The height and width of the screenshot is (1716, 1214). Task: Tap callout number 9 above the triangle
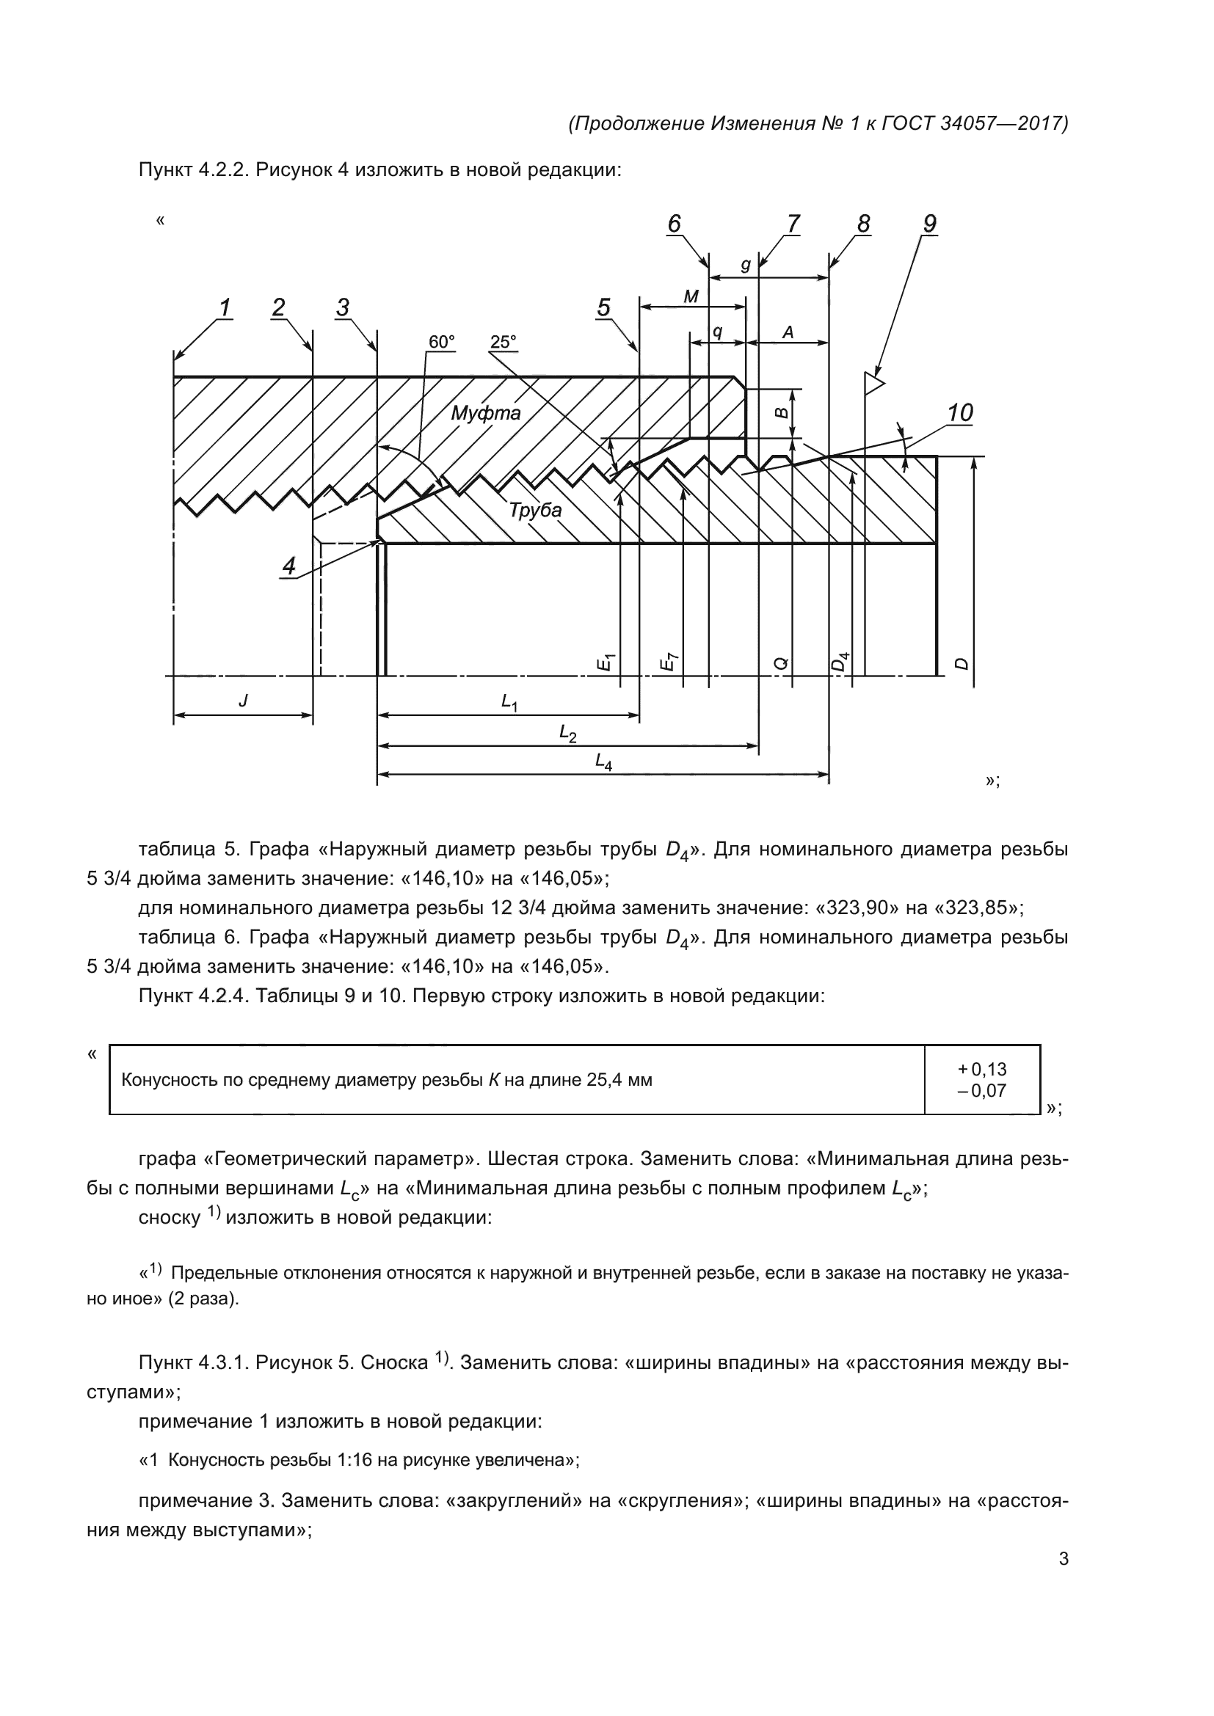930,224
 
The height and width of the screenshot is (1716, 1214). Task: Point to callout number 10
960,412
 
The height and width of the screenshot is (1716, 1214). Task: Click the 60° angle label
441,342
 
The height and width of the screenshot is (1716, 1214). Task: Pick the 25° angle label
503,342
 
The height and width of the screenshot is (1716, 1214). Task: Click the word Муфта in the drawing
486,412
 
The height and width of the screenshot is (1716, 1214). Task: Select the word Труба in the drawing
535,510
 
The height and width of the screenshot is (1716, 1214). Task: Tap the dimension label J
243,701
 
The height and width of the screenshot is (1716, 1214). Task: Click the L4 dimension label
603,761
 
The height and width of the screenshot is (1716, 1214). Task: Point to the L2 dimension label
568,734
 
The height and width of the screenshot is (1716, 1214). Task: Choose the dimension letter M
691,296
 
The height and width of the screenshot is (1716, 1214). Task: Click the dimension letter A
787,332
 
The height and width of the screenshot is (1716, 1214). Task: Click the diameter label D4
841,662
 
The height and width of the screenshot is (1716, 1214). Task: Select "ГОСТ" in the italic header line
906,123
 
